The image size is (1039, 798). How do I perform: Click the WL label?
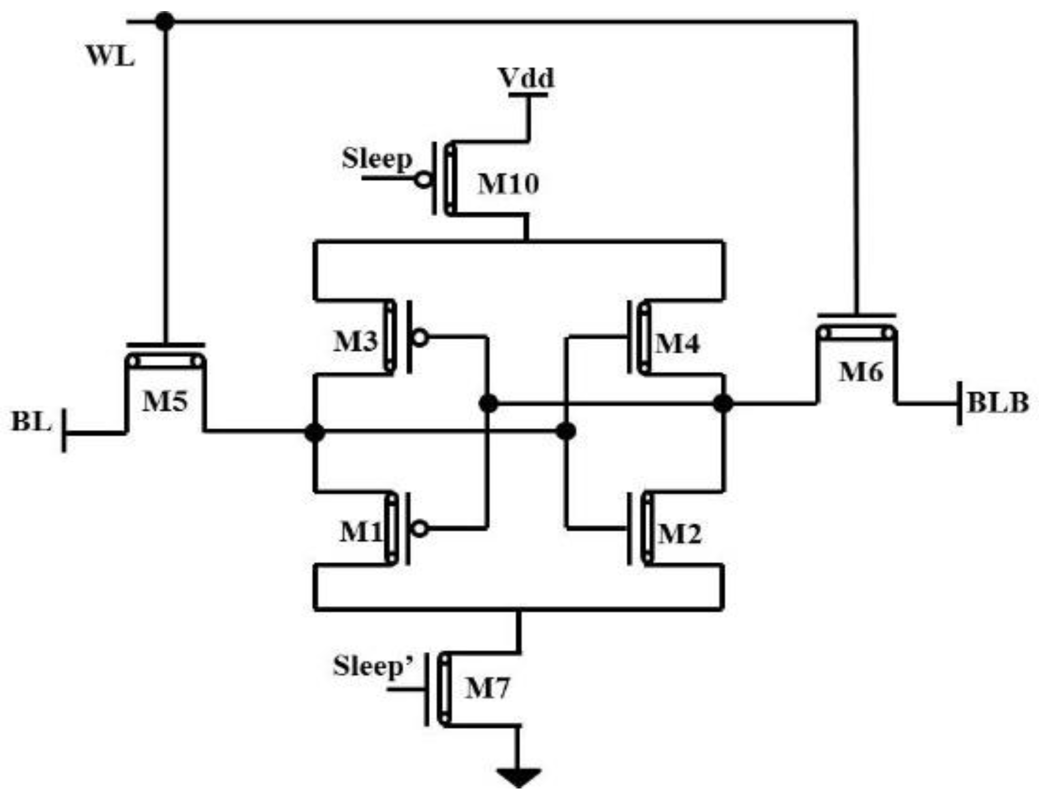(x=110, y=56)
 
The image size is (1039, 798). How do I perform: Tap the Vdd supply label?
(x=526, y=78)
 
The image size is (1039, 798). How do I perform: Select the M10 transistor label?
(x=508, y=184)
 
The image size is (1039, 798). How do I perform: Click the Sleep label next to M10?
(x=377, y=159)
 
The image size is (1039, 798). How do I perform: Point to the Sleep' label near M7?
(x=372, y=666)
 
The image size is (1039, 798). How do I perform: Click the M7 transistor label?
(x=487, y=688)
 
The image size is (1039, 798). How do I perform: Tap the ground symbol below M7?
(x=519, y=777)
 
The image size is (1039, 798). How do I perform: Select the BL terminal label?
(x=31, y=422)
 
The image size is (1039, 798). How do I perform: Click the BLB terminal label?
(x=997, y=403)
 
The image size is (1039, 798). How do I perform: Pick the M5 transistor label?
(x=165, y=402)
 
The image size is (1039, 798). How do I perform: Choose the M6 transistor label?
(x=861, y=372)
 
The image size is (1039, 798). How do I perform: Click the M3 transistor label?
(x=356, y=342)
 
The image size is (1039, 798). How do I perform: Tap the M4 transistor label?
(x=677, y=344)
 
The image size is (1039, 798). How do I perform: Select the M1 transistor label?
(x=361, y=531)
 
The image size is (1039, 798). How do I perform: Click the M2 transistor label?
(x=679, y=534)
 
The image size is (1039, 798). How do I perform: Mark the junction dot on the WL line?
(x=165, y=22)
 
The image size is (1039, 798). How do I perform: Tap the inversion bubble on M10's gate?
(x=423, y=180)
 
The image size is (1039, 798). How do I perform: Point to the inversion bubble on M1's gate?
(x=420, y=528)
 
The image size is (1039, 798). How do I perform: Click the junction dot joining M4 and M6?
(x=723, y=403)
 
